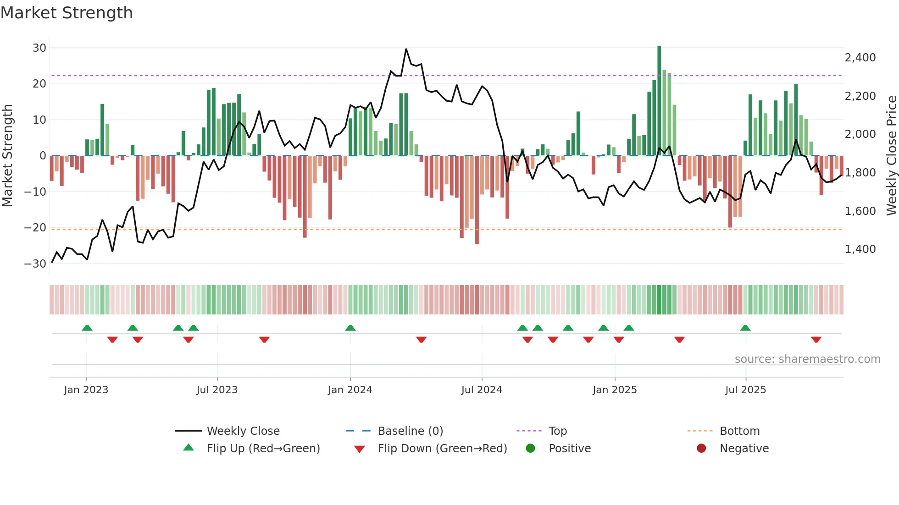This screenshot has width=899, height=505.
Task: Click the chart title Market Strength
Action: (x=67, y=13)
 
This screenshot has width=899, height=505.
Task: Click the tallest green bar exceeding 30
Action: (x=659, y=101)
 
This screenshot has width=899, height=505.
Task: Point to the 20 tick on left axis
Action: (x=39, y=84)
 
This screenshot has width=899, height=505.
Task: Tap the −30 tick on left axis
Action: (x=35, y=264)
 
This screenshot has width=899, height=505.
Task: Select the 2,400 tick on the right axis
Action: (x=860, y=58)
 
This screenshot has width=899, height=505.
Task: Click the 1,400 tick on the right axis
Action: (x=860, y=249)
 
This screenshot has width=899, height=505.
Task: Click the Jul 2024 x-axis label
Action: (x=482, y=390)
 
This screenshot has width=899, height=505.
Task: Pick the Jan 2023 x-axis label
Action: (x=86, y=390)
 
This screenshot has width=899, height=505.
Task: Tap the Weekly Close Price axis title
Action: (x=891, y=156)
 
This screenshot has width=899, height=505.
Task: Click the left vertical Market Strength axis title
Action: (x=7, y=156)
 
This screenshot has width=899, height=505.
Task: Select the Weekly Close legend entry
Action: (x=243, y=431)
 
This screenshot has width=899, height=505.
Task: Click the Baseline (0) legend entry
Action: (x=410, y=431)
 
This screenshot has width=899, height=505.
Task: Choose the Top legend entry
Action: (x=557, y=431)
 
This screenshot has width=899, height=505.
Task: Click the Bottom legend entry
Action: (x=739, y=431)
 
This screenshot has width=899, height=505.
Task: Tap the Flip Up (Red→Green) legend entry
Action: (x=263, y=449)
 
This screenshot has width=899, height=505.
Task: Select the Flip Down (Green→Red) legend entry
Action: (x=442, y=449)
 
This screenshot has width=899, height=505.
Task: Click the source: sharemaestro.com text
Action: (x=807, y=359)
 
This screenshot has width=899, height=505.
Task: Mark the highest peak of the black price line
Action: (x=406, y=49)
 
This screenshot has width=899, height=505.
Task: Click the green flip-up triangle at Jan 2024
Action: (x=350, y=328)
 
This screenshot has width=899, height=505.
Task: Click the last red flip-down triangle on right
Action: (x=816, y=340)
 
